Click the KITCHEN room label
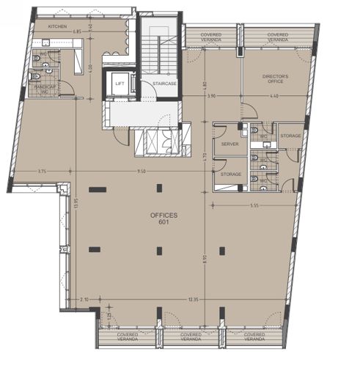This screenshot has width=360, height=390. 58,26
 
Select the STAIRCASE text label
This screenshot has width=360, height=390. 164,84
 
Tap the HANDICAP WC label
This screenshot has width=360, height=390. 41,89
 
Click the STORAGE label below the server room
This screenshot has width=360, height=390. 231,174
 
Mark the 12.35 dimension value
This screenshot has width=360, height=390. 193,300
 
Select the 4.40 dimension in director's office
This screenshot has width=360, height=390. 274,97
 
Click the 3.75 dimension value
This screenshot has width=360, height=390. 43,171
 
